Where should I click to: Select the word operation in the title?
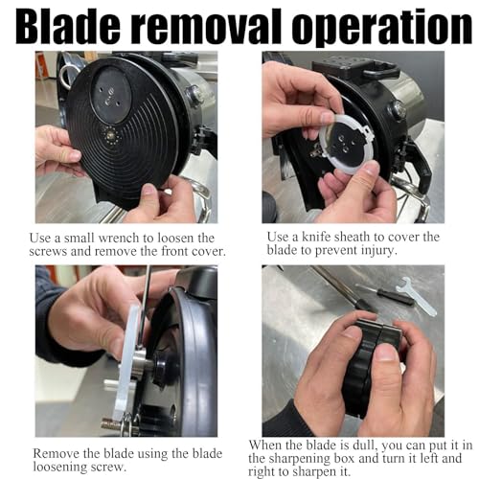coord(381,29)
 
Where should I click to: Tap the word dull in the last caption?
coord(365,445)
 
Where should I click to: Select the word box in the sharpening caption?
coord(344,459)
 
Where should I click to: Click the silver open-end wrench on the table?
coord(416,296)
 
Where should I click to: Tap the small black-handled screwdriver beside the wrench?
coord(385,294)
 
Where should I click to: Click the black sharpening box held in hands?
coord(372,367)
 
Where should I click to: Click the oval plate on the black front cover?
coord(111,94)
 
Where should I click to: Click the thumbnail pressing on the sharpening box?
coord(386,352)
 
